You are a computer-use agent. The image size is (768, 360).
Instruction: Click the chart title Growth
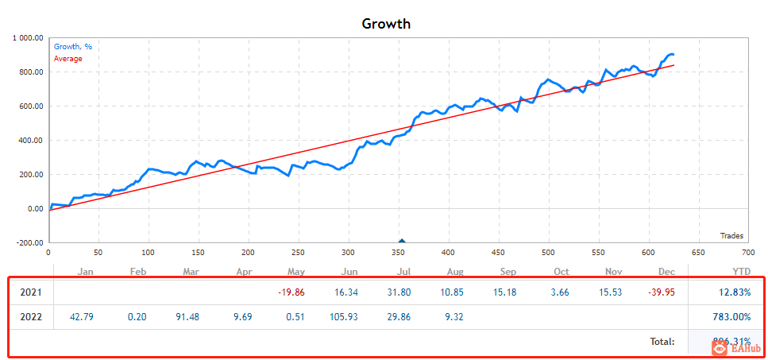click(x=386, y=23)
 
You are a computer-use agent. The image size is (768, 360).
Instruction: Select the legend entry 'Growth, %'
click(x=72, y=47)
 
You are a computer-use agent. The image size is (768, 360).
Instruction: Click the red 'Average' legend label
click(x=68, y=59)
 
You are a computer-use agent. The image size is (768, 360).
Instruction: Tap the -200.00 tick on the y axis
click(x=29, y=243)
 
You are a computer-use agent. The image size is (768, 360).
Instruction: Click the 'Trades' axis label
click(x=731, y=235)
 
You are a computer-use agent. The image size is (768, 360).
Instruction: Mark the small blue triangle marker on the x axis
click(x=402, y=241)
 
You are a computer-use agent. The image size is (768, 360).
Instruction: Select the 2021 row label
click(x=31, y=292)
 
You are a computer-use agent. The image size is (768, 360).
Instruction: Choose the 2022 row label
click(x=31, y=317)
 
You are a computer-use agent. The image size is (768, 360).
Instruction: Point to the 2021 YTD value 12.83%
click(x=732, y=292)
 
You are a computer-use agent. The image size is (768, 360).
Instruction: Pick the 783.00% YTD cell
click(x=730, y=317)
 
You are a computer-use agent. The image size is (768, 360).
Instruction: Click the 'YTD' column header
click(x=741, y=272)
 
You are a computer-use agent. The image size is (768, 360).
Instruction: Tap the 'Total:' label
click(x=661, y=342)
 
